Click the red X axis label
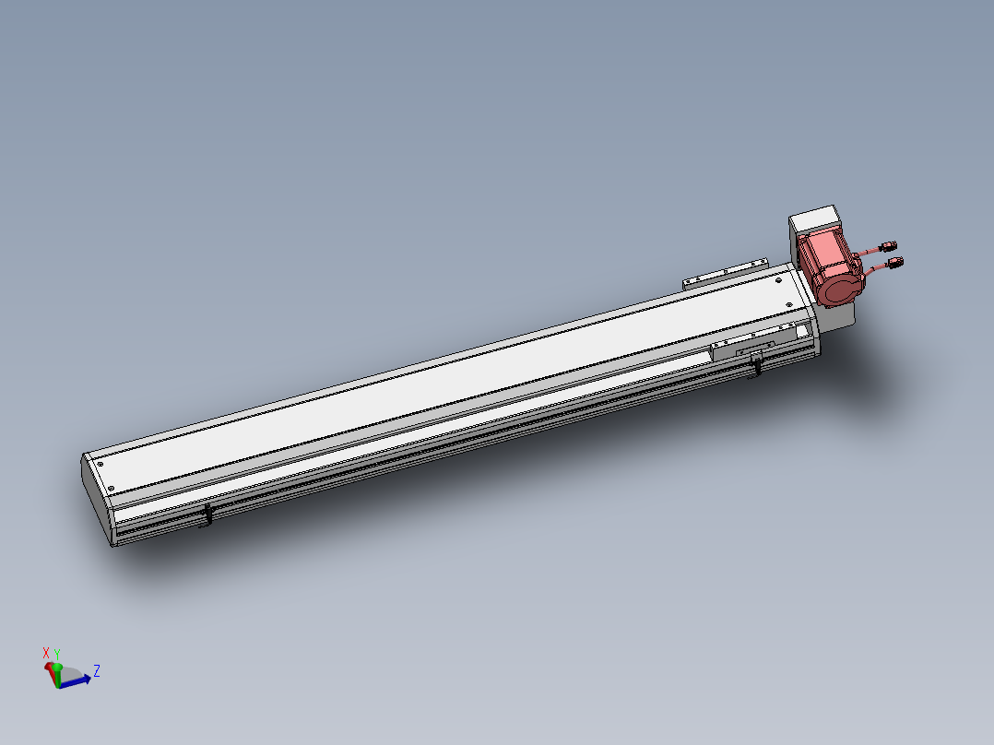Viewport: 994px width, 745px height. pyautogui.click(x=46, y=653)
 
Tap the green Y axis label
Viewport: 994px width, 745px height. pyautogui.click(x=57, y=655)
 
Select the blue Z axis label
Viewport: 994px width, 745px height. pyautogui.click(x=96, y=671)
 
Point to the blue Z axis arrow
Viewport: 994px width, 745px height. pyautogui.click(x=75, y=682)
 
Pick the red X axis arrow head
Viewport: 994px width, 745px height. pyautogui.click(x=49, y=668)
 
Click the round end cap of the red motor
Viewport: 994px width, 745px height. pyautogui.click(x=838, y=290)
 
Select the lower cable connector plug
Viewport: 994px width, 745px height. pyautogui.click(x=895, y=262)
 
